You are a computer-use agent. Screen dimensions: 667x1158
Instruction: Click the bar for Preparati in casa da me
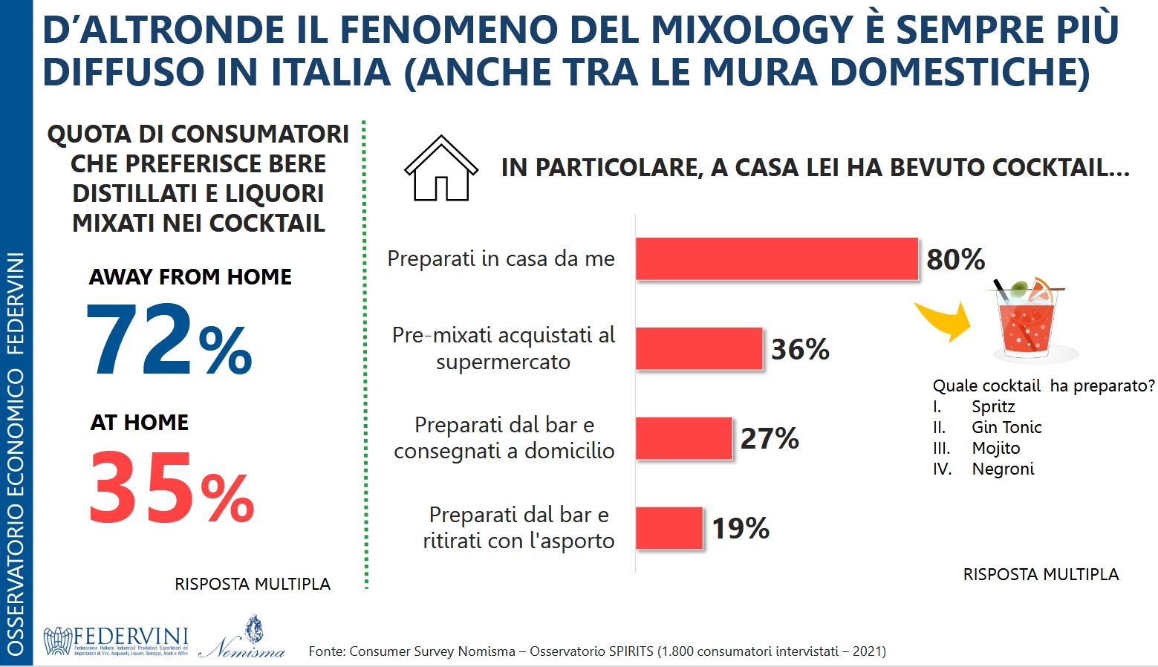(x=776, y=258)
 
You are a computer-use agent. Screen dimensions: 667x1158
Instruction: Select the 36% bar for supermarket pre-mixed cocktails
(x=699, y=348)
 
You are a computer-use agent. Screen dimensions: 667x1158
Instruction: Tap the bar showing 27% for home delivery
(x=683, y=438)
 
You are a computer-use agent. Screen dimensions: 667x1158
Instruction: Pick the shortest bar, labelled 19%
(x=669, y=528)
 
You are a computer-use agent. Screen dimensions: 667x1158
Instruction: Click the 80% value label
(x=955, y=259)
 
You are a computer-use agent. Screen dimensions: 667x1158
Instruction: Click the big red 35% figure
(x=171, y=489)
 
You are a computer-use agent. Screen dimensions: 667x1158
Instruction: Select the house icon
(x=440, y=169)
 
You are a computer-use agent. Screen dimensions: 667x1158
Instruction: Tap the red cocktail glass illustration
(x=1027, y=319)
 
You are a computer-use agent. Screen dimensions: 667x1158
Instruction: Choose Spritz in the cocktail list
(x=993, y=406)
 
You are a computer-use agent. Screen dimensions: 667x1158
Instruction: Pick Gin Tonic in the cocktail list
(x=1006, y=427)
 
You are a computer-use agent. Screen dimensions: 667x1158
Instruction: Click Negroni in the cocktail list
(x=1003, y=469)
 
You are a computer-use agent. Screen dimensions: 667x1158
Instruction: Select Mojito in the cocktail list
(x=996, y=448)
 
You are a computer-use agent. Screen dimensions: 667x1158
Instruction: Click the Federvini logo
(x=116, y=641)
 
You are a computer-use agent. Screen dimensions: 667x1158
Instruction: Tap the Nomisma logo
(x=243, y=639)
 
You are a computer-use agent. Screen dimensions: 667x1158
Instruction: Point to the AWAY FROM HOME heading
(x=190, y=277)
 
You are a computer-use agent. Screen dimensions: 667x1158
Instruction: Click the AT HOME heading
(x=140, y=423)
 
